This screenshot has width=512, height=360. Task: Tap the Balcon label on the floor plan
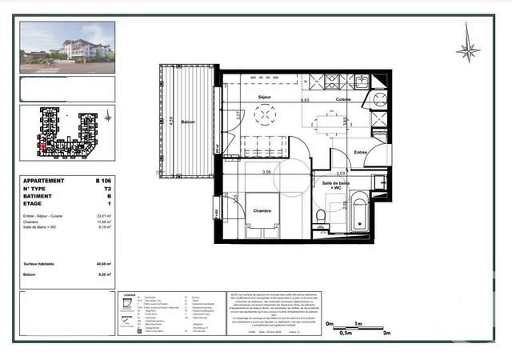coord(188,122)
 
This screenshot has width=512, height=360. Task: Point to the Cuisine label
coord(343,99)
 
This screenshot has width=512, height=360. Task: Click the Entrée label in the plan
coord(360,152)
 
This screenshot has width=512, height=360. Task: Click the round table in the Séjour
coord(265,115)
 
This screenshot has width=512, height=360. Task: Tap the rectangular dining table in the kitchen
coord(328,123)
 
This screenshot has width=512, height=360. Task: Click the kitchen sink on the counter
coord(362,81)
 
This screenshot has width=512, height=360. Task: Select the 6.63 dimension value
coord(305,101)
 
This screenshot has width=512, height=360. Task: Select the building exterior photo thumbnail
coord(67,47)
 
